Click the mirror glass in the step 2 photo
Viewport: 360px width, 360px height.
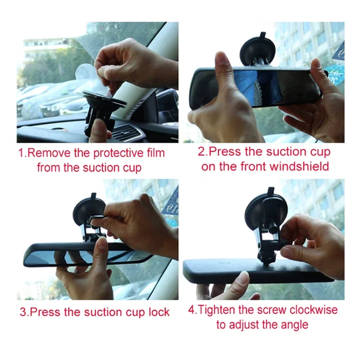[252, 88]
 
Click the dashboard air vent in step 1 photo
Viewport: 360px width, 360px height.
[126, 133]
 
